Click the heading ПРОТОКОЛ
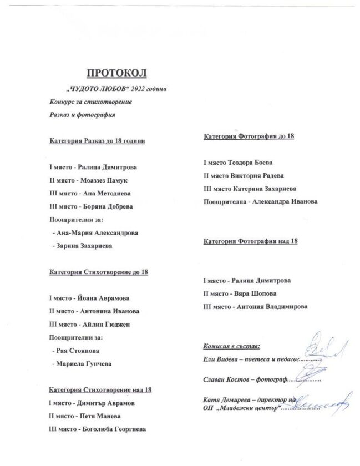tap(116, 73)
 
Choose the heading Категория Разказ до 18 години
tap(97, 141)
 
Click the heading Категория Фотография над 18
tap(251, 242)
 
